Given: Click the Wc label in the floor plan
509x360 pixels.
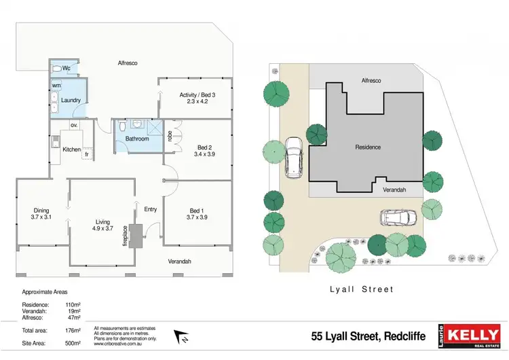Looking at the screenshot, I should (67, 69).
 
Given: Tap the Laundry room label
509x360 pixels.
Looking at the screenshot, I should (71, 101).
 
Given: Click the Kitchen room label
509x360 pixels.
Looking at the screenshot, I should (71, 149).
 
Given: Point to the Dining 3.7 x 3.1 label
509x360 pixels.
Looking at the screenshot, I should (42, 213).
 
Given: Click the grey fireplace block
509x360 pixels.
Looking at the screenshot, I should (136, 235).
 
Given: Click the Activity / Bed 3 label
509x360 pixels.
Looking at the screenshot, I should (197, 98).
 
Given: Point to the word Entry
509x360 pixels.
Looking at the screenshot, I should (151, 209).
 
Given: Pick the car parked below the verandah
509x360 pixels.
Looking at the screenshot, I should (398, 218).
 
